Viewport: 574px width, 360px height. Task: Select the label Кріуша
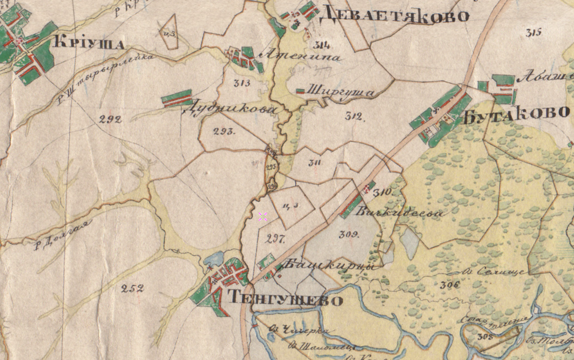[89, 43]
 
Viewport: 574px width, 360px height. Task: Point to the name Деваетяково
[393, 15]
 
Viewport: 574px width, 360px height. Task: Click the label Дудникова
[229, 110]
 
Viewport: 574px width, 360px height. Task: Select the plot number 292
[110, 119]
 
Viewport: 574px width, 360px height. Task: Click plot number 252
[132, 288]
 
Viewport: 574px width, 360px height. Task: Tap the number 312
[355, 116]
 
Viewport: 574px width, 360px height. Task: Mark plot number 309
[349, 234]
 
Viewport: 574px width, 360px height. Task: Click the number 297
[276, 239]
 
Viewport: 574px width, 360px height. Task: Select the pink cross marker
[262, 216]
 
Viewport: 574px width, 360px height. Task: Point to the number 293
[224, 132]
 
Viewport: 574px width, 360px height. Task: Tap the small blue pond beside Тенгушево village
[213, 259]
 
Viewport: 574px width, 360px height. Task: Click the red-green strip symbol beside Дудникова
[177, 98]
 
